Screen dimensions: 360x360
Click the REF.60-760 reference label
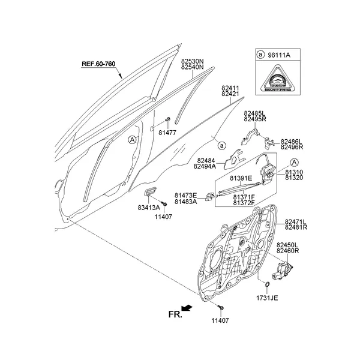pyautogui.click(x=98, y=64)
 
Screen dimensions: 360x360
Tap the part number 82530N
pyautogui.click(x=193, y=61)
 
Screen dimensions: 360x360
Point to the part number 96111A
pyautogui.click(x=280, y=54)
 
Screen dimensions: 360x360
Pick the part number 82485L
pyautogui.click(x=255, y=112)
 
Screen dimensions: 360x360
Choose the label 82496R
pyautogui.click(x=292, y=146)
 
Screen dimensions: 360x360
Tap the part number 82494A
pyautogui.click(x=205, y=167)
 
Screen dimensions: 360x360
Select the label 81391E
pyautogui.click(x=241, y=179)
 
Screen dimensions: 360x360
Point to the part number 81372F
pyautogui.click(x=244, y=203)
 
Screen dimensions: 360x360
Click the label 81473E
pyautogui.click(x=186, y=195)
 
